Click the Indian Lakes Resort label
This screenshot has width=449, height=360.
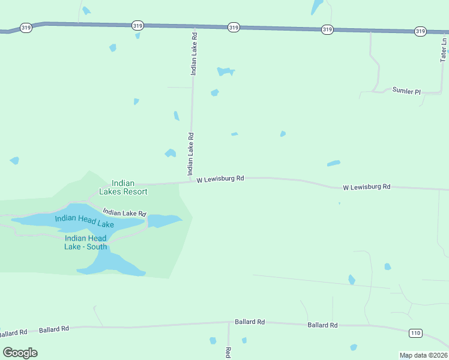point(129,187)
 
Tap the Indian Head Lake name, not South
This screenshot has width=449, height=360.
point(84,221)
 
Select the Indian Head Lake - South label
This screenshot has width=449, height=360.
point(86,242)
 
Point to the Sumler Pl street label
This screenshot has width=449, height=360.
point(406,91)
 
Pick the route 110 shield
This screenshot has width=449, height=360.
point(415,332)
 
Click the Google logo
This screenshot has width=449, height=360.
point(20,352)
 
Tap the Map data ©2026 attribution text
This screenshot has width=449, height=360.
point(423,355)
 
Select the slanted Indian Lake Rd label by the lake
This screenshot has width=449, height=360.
point(124,212)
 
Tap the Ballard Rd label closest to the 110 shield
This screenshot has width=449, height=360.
point(322,325)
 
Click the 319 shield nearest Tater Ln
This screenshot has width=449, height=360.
point(420,31)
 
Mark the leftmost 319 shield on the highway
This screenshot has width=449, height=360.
point(26,28)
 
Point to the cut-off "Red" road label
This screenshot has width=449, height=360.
point(228,353)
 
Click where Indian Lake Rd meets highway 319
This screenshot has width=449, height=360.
point(194,26)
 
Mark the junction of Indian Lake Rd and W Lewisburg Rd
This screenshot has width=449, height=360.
point(191,181)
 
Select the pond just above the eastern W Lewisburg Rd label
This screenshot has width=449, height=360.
point(333,163)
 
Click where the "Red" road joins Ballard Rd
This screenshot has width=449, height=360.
point(228,322)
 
